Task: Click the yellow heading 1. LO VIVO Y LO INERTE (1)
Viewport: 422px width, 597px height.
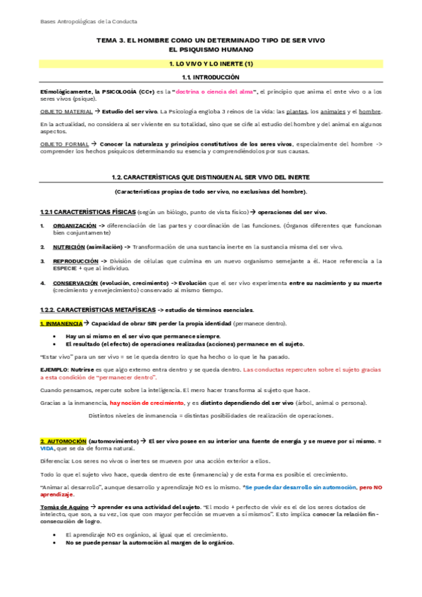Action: tap(211, 63)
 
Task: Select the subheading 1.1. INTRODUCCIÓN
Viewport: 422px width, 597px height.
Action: tap(211, 77)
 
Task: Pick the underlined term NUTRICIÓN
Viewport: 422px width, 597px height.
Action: tap(68, 247)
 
